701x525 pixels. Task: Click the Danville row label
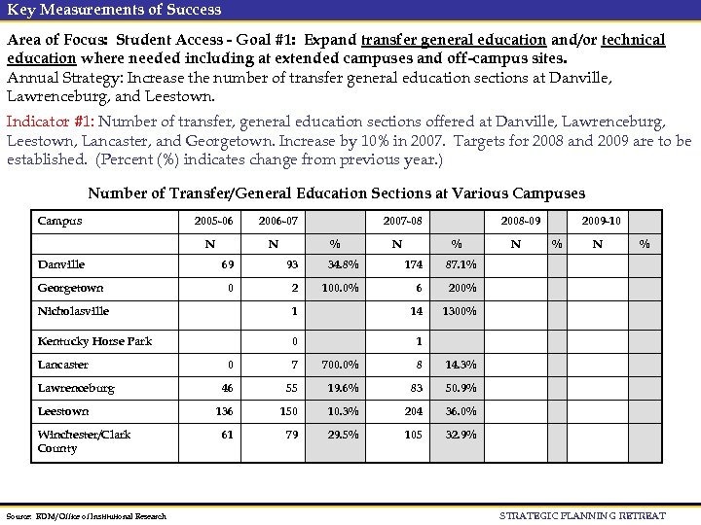coord(61,264)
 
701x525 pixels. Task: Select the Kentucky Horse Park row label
coord(94,341)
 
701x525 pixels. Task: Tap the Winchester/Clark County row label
coord(84,441)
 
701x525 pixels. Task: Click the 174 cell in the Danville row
coord(412,264)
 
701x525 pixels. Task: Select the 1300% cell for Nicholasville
coord(459,311)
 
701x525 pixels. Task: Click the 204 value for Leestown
coord(412,411)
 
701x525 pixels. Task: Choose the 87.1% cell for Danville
coord(461,264)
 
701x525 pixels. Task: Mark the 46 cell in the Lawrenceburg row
coord(226,388)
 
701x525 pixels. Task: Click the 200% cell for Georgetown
coord(461,288)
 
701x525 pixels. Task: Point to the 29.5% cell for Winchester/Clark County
coord(342,435)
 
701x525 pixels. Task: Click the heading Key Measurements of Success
coord(114,10)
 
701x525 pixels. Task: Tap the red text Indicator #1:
coord(51,122)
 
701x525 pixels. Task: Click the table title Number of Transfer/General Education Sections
coord(336,192)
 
